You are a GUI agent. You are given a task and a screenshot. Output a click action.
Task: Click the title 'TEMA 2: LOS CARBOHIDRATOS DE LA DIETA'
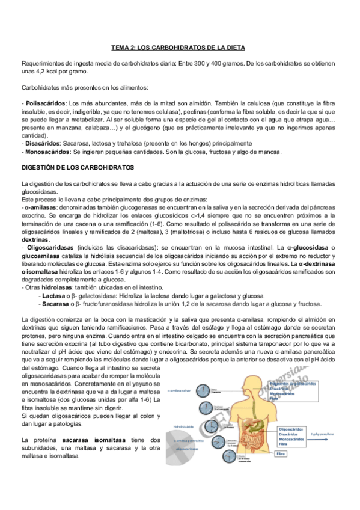point(179,47)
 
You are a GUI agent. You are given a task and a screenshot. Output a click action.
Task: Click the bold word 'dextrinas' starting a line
point(35,239)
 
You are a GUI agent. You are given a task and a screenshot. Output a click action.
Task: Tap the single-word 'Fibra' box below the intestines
point(281,454)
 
